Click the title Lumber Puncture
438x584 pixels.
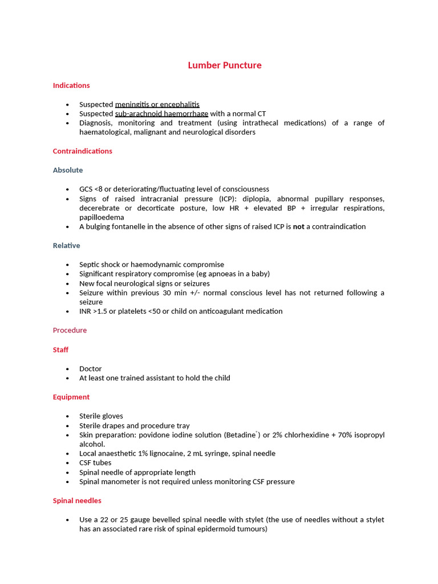(225, 65)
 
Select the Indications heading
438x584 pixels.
(71, 86)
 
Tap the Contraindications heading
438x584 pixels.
(82, 151)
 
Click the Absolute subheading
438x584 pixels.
(68, 170)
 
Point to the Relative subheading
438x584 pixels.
(66, 246)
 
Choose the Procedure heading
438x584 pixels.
(70, 330)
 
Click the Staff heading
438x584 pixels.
(60, 350)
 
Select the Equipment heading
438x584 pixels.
(71, 397)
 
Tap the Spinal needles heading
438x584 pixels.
(77, 501)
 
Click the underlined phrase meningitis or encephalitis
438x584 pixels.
(157, 104)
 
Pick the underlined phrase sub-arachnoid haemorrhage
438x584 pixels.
(161, 113)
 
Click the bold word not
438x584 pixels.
(299, 226)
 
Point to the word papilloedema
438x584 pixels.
(102, 217)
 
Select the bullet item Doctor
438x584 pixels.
(90, 368)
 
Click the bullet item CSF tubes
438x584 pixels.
(95, 463)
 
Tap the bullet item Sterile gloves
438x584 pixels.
(101, 416)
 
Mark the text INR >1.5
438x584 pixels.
(93, 311)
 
